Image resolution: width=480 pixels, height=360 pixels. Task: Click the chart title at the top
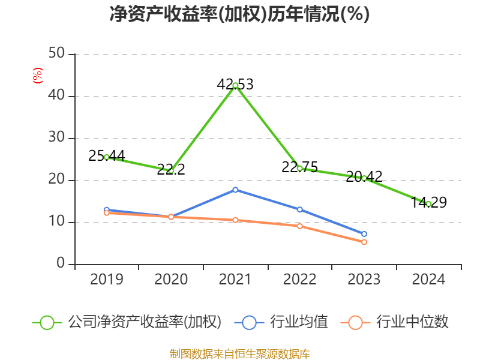[x=239, y=14]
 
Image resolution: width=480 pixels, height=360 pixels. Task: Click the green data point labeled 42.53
[x=235, y=86]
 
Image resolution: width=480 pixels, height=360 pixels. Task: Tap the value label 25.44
[x=106, y=156]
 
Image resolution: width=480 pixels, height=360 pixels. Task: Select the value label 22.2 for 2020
[x=171, y=170]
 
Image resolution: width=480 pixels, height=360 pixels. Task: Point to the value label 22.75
[x=299, y=167]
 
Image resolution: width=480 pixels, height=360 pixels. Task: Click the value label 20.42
[x=364, y=177]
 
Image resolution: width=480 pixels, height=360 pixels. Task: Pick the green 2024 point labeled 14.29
[x=428, y=204]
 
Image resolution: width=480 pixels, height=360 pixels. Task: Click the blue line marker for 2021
[x=235, y=190]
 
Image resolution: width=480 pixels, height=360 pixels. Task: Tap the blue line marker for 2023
[x=364, y=234]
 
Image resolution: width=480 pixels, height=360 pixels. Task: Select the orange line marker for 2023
[x=364, y=242]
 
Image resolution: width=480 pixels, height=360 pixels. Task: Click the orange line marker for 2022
[x=299, y=226]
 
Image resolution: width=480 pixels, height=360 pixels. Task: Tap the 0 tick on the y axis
[x=61, y=264]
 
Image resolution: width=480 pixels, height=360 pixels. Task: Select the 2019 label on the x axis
[x=106, y=280]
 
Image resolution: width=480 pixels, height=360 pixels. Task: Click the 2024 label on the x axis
[x=428, y=280]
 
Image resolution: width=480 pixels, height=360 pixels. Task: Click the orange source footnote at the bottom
[x=239, y=353]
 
